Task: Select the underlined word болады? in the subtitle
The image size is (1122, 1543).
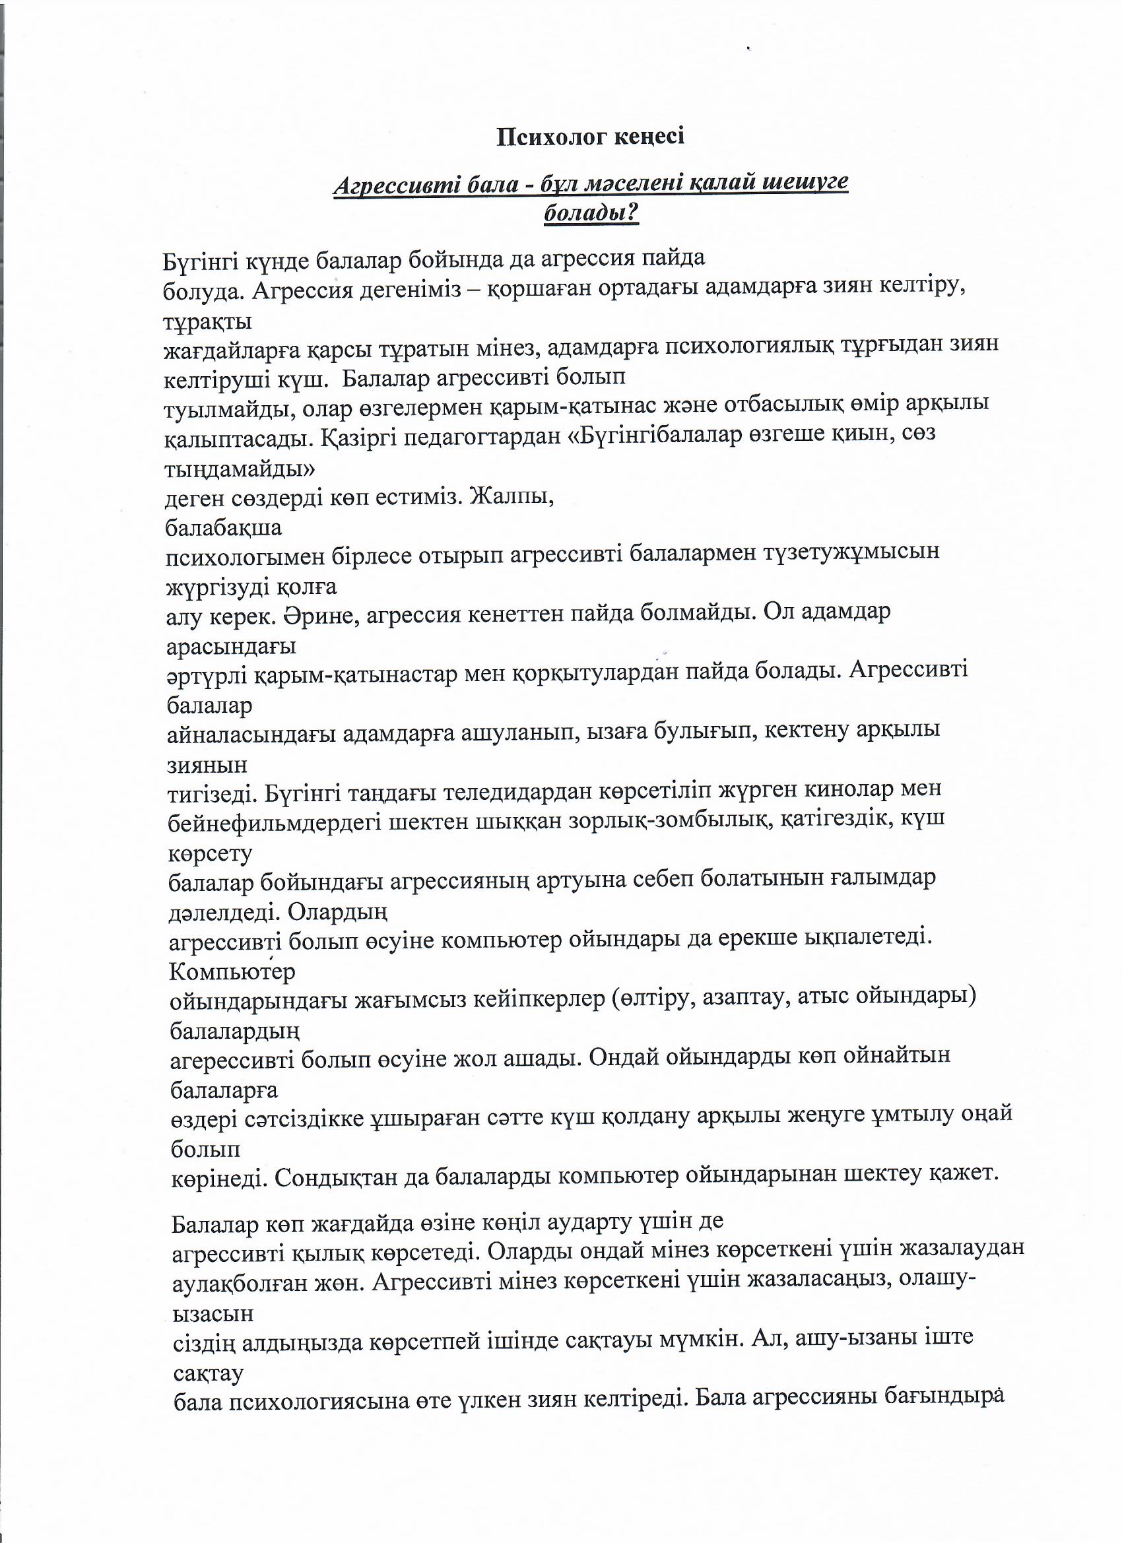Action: pos(591,214)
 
